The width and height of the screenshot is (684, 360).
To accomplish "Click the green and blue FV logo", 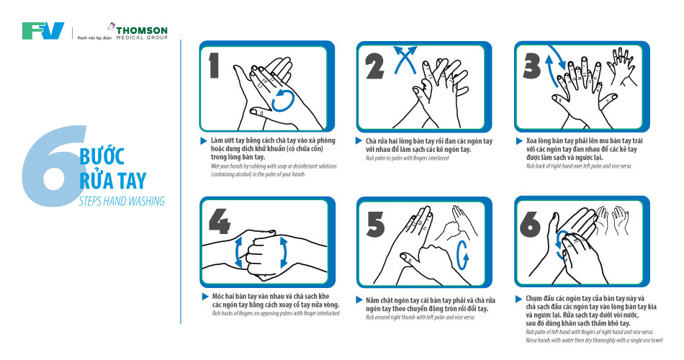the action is pyautogui.click(x=43, y=31).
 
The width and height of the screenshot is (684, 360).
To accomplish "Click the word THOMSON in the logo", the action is pyautogui.click(x=142, y=30).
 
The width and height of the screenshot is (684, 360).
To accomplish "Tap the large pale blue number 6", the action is pyautogui.click(x=53, y=166).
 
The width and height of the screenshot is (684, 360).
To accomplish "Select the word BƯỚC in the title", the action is pyautogui.click(x=102, y=156).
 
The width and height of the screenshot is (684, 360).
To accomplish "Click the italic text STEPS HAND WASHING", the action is pyautogui.click(x=122, y=201).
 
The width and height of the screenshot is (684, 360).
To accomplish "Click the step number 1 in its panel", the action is pyautogui.click(x=214, y=66).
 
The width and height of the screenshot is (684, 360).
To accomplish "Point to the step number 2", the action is pyautogui.click(x=374, y=67).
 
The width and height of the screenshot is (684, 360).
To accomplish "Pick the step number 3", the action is pyautogui.click(x=532, y=67).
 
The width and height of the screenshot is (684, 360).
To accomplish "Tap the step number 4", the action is pyautogui.click(x=220, y=221).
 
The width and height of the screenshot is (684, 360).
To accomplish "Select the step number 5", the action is pyautogui.click(x=375, y=225).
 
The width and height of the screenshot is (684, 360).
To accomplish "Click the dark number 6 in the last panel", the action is pyautogui.click(x=530, y=225).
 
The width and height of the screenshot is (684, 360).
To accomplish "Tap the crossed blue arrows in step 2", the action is pyautogui.click(x=405, y=60).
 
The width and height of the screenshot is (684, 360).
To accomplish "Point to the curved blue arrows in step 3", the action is pyautogui.click(x=553, y=66).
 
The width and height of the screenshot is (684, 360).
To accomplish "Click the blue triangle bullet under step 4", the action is pyautogui.click(x=205, y=297).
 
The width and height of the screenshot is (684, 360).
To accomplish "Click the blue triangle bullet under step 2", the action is pyautogui.click(x=359, y=140).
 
